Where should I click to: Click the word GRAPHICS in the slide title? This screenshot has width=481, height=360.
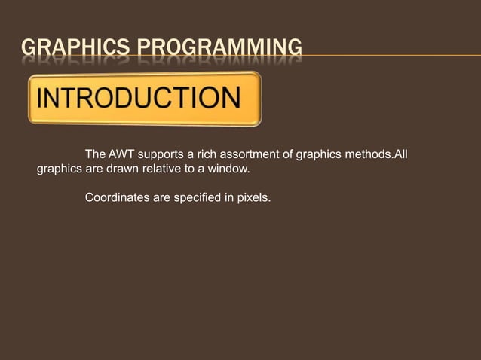[64, 50]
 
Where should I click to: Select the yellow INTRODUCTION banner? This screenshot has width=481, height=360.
[145, 99]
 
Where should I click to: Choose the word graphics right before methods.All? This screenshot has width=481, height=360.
[319, 155]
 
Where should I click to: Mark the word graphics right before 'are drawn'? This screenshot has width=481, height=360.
[60, 169]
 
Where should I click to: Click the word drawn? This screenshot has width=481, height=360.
[122, 169]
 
